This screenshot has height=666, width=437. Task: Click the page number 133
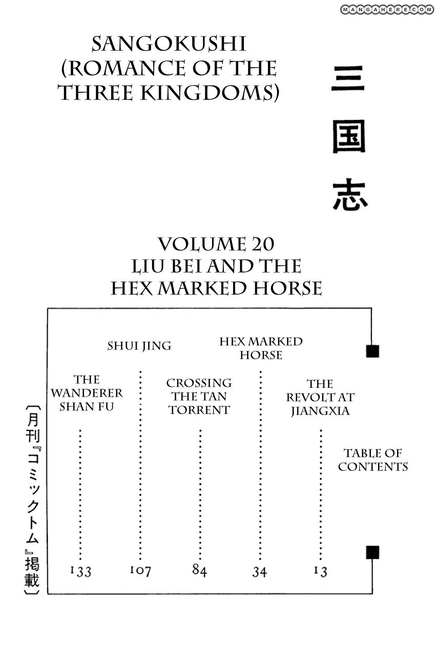tap(80, 571)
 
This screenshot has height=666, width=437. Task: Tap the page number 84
tap(200, 570)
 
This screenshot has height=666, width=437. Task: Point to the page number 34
tap(260, 571)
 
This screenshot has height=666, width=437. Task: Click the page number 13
tap(321, 571)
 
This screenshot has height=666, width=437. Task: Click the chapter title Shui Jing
tap(139, 346)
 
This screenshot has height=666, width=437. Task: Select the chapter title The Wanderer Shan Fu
tap(87, 393)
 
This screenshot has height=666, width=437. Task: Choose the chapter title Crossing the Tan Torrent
tap(199, 397)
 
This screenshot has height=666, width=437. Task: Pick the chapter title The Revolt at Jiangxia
tap(320, 397)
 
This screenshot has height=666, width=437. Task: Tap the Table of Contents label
tap(373, 460)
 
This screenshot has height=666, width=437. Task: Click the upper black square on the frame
tap(372, 351)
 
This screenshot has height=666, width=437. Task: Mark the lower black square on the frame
tap(372, 552)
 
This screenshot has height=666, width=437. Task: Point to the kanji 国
tap(349, 137)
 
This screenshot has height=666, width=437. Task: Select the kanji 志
tap(350, 195)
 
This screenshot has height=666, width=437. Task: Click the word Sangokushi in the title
tap(169, 45)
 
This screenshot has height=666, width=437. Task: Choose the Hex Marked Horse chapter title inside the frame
tap(261, 348)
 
